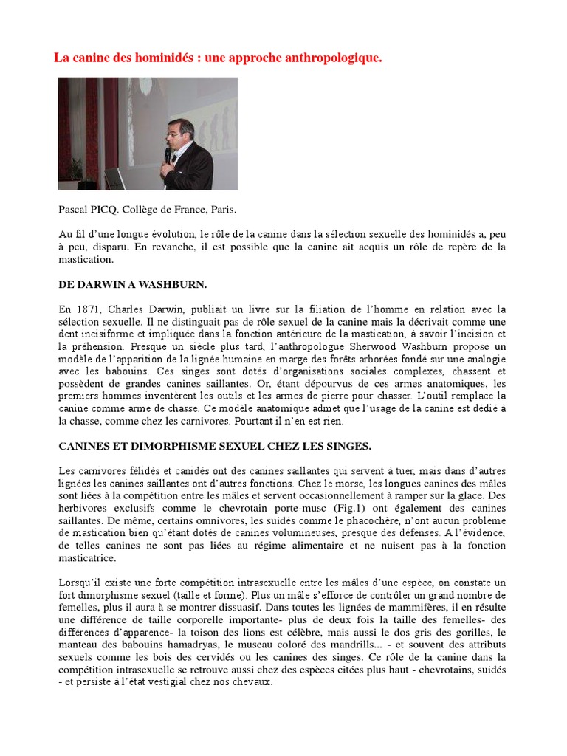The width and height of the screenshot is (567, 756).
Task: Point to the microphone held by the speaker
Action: pyautogui.click(x=168, y=155)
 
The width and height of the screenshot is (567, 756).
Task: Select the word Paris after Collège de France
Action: pyautogui.click(x=222, y=209)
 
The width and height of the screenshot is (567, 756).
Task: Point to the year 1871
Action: pyautogui.click(x=88, y=309)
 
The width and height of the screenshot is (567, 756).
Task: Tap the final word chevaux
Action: pyautogui.click(x=252, y=683)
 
